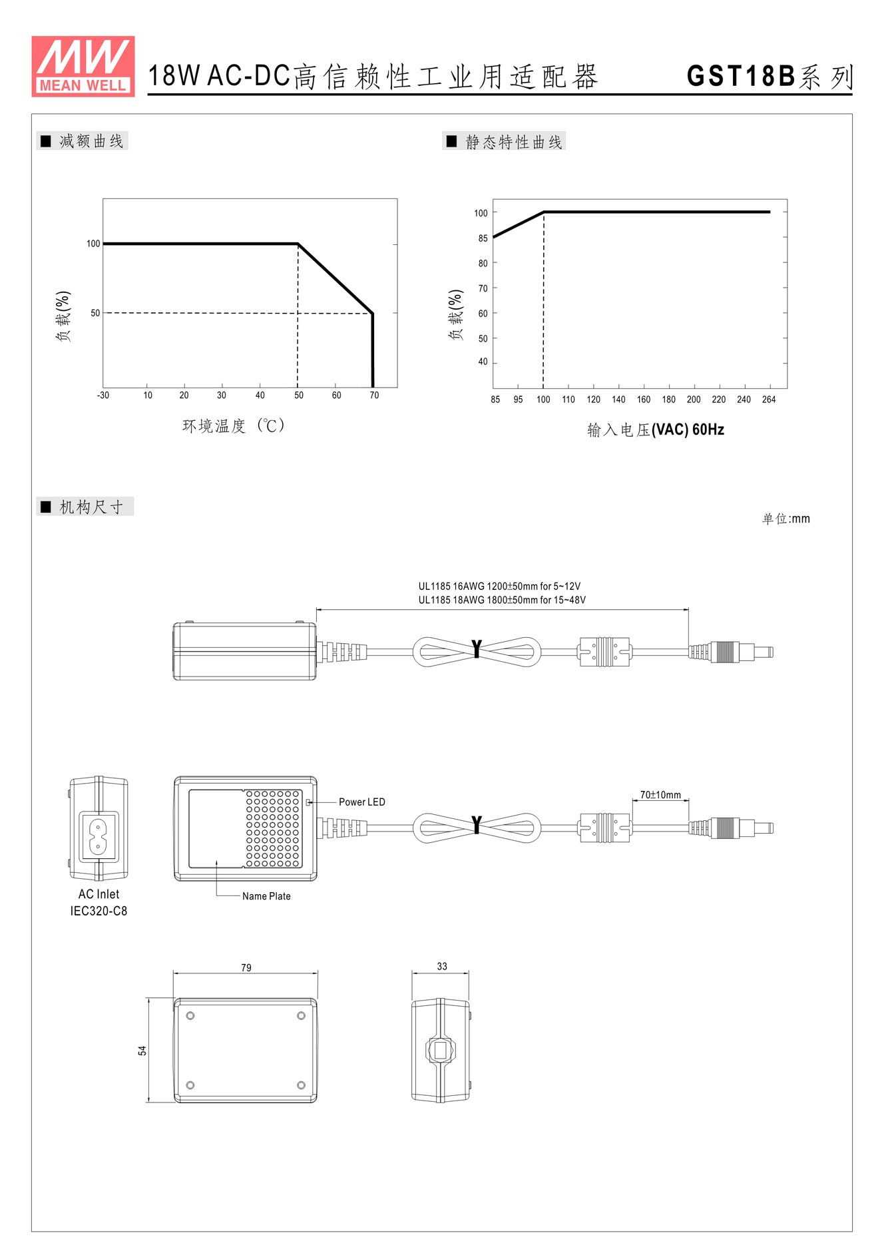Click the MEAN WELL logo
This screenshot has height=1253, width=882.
click(x=83, y=66)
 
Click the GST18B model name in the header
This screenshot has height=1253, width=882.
click(x=741, y=76)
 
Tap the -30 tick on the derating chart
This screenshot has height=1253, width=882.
click(x=103, y=395)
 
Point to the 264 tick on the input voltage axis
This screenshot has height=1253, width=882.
click(x=769, y=399)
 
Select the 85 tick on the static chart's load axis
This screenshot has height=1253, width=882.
click(x=483, y=238)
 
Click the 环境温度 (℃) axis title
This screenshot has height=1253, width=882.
click(x=234, y=425)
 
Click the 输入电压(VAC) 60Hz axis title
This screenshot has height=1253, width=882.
click(x=656, y=429)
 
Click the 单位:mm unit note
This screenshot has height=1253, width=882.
click(x=786, y=519)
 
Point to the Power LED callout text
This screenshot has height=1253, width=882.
click(x=362, y=802)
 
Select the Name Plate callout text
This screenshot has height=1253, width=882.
click(x=266, y=896)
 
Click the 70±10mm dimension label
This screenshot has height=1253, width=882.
click(x=660, y=795)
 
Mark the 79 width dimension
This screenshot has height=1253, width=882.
click(x=246, y=967)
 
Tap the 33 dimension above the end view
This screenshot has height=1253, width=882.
click(x=442, y=966)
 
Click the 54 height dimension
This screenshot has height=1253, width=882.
click(x=142, y=1051)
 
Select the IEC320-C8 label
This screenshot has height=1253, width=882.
click(x=99, y=911)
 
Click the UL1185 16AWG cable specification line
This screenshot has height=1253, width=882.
click(x=499, y=587)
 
